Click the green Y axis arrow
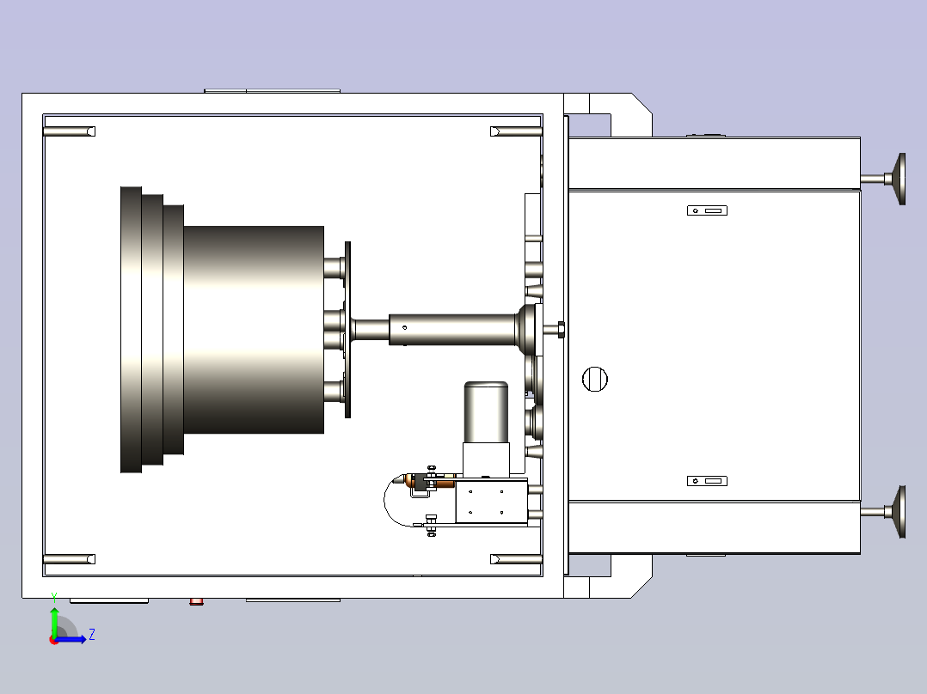[x=54, y=621]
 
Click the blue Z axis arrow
[x=71, y=639]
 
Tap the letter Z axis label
[x=92, y=635]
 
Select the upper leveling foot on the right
[x=884, y=179]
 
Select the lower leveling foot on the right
[x=884, y=512]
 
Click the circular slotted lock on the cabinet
[x=595, y=379]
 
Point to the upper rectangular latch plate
[x=707, y=210]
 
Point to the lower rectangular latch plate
[x=707, y=481]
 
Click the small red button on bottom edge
[x=196, y=602]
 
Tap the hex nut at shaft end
[x=561, y=330]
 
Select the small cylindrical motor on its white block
[x=486, y=412]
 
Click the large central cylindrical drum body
[x=254, y=330]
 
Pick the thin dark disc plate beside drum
[x=347, y=330]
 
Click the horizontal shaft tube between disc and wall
[x=453, y=330]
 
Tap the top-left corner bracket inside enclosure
[x=69, y=131]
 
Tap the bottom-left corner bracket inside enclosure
[x=69, y=559]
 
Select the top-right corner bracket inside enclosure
[x=516, y=131]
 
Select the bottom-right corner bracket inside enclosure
[x=516, y=559]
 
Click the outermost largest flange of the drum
[x=131, y=330]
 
